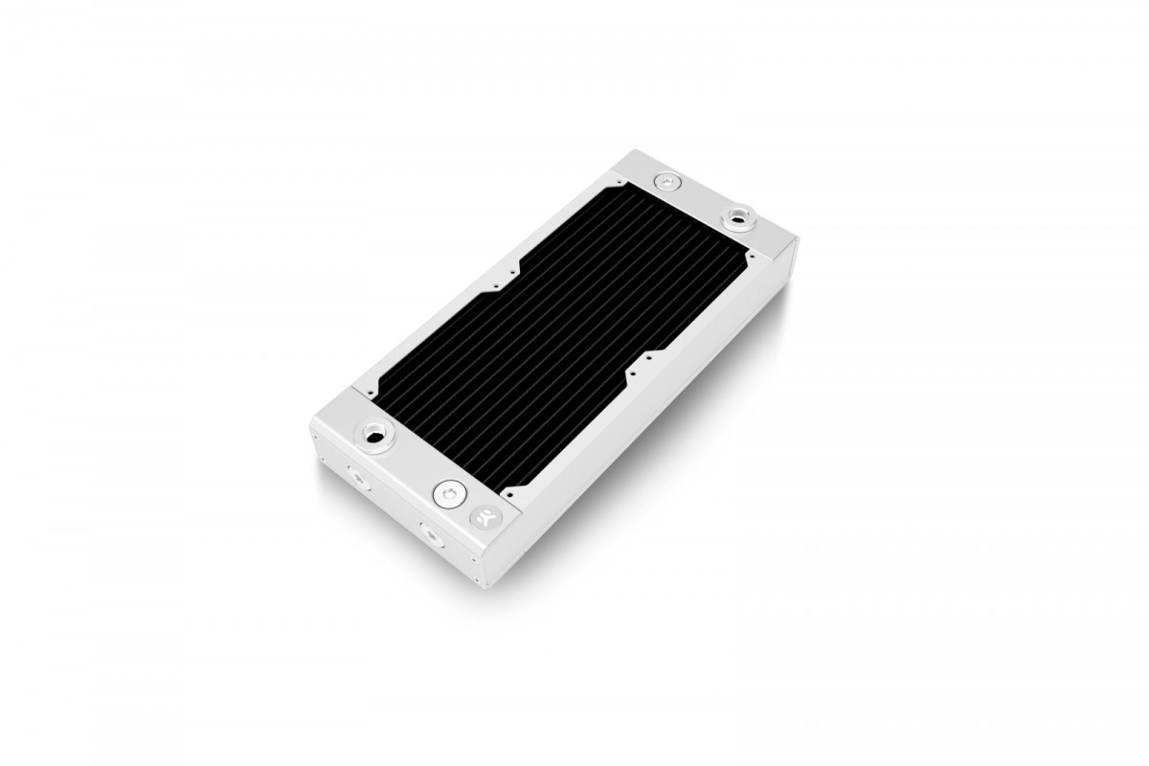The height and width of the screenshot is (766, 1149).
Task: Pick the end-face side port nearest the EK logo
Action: point(426,531)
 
